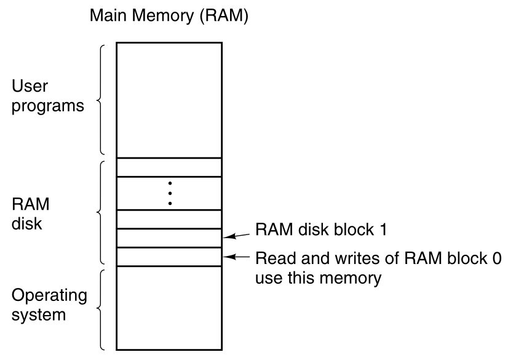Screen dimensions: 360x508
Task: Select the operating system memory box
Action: (169, 308)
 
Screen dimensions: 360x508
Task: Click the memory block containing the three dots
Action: (169, 193)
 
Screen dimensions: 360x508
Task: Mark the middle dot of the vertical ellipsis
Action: (170, 193)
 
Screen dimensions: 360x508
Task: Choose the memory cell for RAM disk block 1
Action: (169, 238)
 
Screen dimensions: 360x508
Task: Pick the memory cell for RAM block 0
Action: (169, 257)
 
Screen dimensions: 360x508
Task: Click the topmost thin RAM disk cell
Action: (169, 167)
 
